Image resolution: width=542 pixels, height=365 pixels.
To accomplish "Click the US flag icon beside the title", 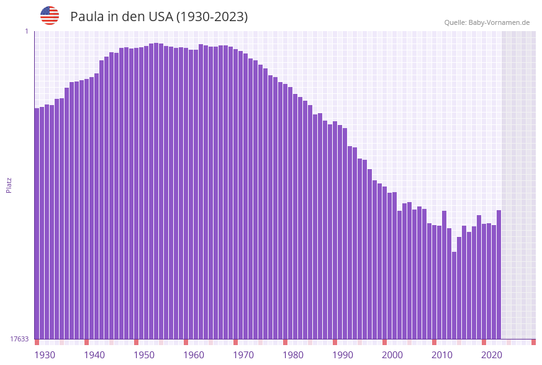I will pyautogui.click(x=50, y=16).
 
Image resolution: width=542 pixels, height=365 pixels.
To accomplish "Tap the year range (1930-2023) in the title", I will pyautogui.click(x=212, y=17).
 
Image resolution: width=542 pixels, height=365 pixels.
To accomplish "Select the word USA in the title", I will pyautogui.click(x=160, y=17).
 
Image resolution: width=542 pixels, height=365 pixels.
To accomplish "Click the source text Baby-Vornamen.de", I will pyautogui.click(x=499, y=22).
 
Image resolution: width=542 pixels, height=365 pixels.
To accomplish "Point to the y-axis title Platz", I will pyautogui.click(x=9, y=185).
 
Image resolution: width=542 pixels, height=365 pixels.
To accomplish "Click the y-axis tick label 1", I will pyautogui.click(x=27, y=31).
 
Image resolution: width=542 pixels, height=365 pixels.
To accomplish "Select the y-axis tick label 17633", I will pyautogui.click(x=19, y=339).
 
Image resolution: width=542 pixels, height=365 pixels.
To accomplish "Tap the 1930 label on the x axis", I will pyautogui.click(x=44, y=355).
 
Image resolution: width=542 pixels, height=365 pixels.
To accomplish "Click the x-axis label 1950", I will pyautogui.click(x=144, y=355).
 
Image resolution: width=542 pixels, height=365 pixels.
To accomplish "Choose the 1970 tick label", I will pyautogui.click(x=243, y=355).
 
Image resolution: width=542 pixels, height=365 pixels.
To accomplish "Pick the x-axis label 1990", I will pyautogui.click(x=343, y=355).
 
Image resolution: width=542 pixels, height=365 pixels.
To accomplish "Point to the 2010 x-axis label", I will pyautogui.click(x=442, y=355).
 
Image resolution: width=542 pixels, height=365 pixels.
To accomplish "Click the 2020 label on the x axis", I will pyautogui.click(x=492, y=355).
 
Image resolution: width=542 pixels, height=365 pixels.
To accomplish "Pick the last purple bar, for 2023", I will pyautogui.click(x=499, y=274).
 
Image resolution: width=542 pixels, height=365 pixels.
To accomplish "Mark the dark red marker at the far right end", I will pyautogui.click(x=533, y=342).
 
